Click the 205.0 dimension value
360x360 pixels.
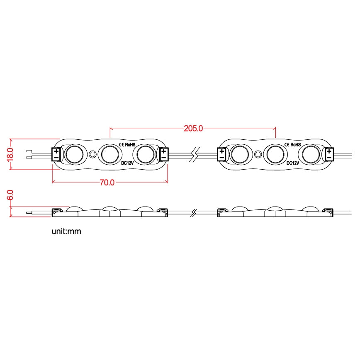click(193, 129)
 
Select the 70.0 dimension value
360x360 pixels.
click(107, 182)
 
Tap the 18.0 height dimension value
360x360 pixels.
click(10, 154)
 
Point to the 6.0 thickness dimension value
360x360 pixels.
click(10, 195)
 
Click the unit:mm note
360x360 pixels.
click(66, 231)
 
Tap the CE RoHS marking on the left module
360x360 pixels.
click(127, 144)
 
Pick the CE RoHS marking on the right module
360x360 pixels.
click(292, 144)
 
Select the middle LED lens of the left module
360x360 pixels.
click(110, 154)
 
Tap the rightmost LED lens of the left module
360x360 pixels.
click(146, 154)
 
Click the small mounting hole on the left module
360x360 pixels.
click(92, 155)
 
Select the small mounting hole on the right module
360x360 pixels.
click(258, 155)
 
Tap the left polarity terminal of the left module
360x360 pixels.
click(57, 154)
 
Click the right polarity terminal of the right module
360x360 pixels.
click(329, 154)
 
